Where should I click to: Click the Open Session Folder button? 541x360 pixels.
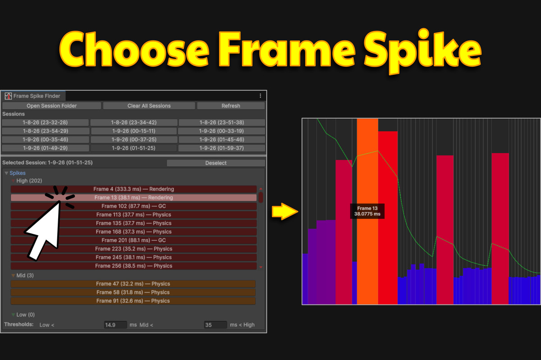[51, 106]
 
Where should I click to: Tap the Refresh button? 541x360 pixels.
[230, 106]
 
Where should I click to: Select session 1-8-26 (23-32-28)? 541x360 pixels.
[45, 123]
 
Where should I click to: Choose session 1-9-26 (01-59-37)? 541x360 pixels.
[221, 148]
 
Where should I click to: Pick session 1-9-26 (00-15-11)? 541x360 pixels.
[133, 131]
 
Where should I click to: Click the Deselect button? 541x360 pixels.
[215, 163]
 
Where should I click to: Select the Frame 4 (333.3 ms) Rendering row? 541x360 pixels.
[133, 189]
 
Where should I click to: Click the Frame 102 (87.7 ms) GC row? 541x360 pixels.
[133, 206]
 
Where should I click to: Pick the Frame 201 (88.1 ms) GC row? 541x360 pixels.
[133, 240]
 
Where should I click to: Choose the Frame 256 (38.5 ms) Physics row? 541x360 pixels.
[133, 266]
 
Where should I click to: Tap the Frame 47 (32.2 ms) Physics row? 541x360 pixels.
[133, 284]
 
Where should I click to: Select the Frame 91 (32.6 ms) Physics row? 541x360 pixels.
[133, 301]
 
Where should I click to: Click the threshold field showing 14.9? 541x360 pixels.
[115, 325]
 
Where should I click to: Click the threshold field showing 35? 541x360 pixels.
[215, 325]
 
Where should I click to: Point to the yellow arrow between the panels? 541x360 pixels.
[283, 211]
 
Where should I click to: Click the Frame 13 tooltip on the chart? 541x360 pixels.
[367, 211]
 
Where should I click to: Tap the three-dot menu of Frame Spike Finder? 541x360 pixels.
[260, 96]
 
